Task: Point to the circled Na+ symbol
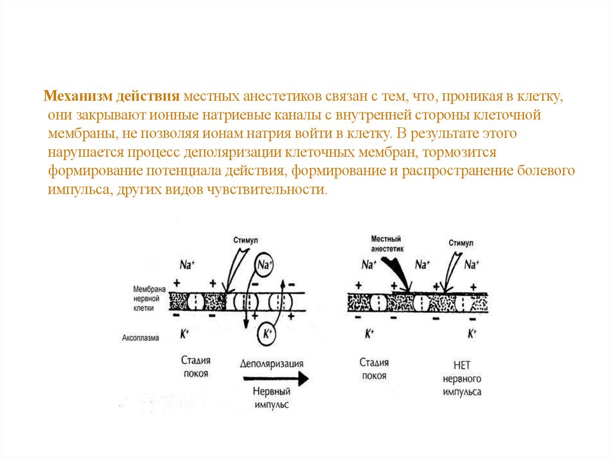pyautogui.click(x=263, y=264)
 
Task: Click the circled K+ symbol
pyautogui.click(x=267, y=334)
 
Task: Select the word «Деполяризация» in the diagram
pyautogui.click(x=271, y=364)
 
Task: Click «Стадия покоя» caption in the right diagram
pyautogui.click(x=374, y=368)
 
